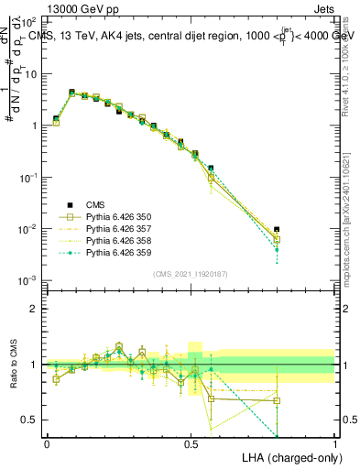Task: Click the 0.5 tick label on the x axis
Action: [x=191, y=442]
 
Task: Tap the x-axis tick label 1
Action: [x=334, y=442]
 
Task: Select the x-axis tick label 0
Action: [x=47, y=442]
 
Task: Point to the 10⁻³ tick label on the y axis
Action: [x=28, y=279]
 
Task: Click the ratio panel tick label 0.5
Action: [x=30, y=420]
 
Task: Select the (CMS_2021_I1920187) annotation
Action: [x=191, y=273]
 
